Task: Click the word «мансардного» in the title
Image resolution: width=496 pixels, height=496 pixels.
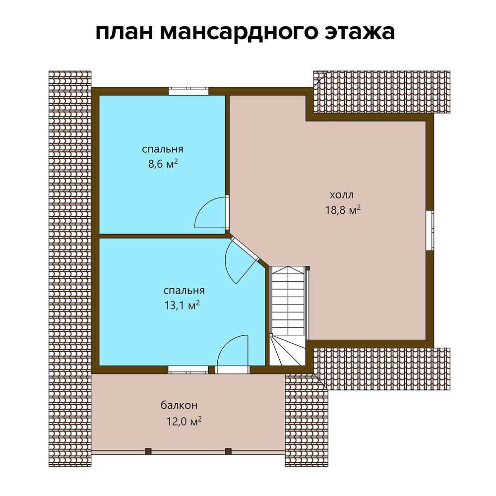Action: point(239,32)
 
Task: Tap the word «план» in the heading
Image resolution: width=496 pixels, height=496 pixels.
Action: point(124,32)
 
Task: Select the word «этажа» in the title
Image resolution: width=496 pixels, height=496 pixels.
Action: point(360,32)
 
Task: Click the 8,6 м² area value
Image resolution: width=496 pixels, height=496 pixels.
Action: point(163,164)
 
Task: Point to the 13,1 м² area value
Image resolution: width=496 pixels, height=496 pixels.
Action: point(182,305)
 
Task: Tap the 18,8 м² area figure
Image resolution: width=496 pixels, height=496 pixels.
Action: point(343,210)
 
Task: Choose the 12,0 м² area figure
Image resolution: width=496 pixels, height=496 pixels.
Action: point(184,421)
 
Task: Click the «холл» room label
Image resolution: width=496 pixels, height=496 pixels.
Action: point(342,195)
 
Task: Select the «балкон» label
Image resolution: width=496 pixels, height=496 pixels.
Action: point(180,405)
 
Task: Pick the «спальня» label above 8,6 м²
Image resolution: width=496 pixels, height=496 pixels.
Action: point(163,149)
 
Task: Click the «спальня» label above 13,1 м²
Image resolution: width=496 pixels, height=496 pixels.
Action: point(184,290)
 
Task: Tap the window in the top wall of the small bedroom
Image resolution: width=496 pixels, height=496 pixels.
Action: point(188,91)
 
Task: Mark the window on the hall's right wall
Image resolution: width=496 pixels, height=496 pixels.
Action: point(430,230)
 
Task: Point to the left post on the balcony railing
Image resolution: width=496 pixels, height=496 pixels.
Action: point(148,451)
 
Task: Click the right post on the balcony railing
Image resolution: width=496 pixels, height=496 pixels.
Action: point(228,451)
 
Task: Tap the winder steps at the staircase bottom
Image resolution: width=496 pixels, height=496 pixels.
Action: point(287,351)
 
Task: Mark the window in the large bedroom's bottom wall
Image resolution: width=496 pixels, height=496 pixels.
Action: point(188,370)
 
